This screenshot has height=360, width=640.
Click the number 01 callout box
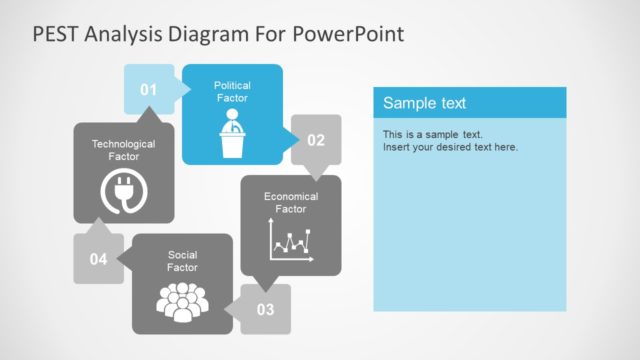click(x=148, y=90)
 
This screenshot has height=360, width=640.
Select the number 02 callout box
click(x=316, y=140)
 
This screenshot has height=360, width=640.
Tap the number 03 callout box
click(x=266, y=309)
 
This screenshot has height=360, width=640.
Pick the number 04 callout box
click(x=98, y=259)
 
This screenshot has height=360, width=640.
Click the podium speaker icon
click(x=232, y=136)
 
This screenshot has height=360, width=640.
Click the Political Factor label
click(x=232, y=92)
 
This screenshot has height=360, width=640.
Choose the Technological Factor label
click(x=123, y=150)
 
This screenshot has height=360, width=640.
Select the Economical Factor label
click(x=291, y=203)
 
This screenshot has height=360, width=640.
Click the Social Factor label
click(x=182, y=261)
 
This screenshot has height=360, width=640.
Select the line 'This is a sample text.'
click(x=432, y=134)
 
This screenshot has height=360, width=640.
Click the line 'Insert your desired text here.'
click(x=450, y=147)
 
